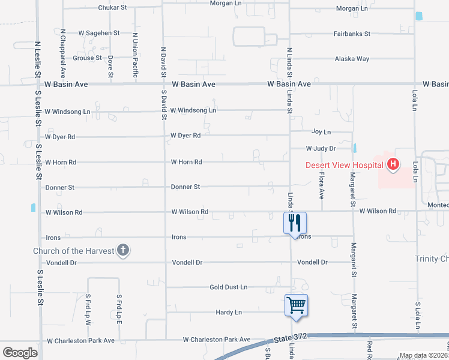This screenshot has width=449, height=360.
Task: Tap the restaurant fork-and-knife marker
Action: click(295, 223)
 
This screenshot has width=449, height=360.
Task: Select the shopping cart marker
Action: click(297, 305)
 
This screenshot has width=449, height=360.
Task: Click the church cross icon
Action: click(123, 250)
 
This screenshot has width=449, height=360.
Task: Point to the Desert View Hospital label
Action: click(344, 165)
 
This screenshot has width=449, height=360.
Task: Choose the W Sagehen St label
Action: click(98, 33)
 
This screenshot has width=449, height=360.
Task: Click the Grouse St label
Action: click(87, 58)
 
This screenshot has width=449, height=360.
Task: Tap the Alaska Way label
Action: click(351, 59)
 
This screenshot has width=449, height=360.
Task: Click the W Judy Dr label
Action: click(320, 148)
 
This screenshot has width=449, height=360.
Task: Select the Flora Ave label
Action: click(322, 186)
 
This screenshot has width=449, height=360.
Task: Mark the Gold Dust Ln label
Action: click(228, 287)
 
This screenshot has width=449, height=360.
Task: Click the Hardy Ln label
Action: click(229, 312)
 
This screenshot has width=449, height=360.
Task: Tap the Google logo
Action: click(20, 353)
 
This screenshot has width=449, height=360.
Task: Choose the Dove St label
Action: click(111, 67)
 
